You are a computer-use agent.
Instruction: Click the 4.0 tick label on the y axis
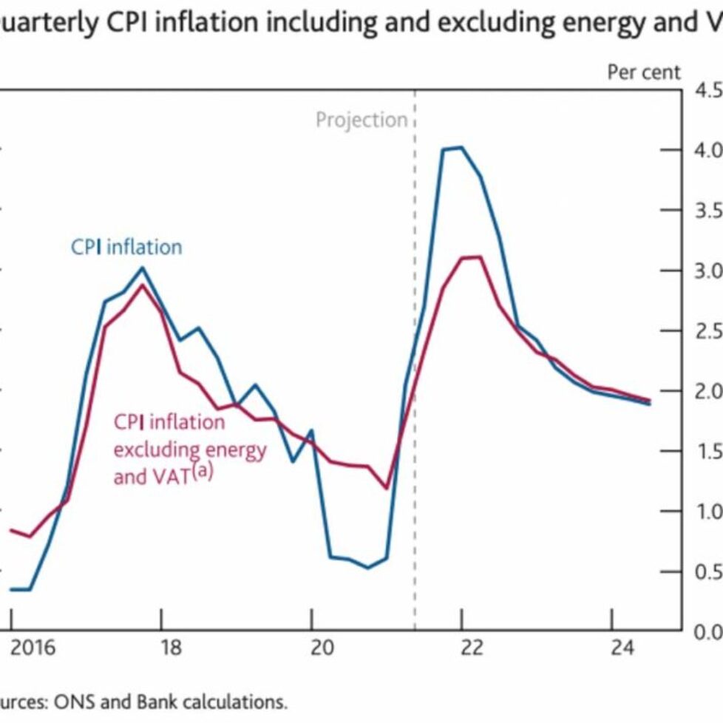point(706,150)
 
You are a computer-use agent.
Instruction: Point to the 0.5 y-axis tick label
point(706,571)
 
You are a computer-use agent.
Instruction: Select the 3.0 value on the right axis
point(706,271)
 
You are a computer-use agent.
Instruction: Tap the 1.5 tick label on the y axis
point(706,451)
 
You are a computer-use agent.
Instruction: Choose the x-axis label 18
point(171,648)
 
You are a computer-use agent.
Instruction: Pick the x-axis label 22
point(471,648)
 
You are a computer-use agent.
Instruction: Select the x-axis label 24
point(623,648)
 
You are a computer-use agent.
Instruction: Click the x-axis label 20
point(322,648)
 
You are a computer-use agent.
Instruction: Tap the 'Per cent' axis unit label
point(643,72)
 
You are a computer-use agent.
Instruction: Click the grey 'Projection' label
point(361,120)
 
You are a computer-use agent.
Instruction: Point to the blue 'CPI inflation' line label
point(126,246)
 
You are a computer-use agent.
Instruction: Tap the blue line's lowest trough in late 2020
point(367,568)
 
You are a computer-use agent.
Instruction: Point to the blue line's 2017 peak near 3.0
point(143,268)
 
